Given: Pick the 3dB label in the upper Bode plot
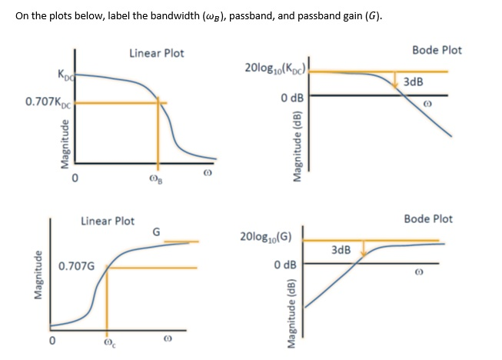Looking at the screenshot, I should click(x=412, y=82).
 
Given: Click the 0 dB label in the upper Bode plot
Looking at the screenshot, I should click(x=292, y=98).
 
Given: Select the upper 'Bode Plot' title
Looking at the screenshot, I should click(x=437, y=50).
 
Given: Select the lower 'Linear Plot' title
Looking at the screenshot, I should click(x=108, y=221).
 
